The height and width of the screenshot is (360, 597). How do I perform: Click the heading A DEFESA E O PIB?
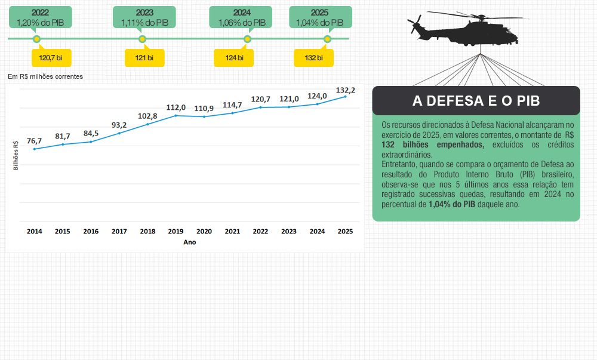point(476,101)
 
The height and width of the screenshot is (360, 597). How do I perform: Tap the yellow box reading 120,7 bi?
point(51,58)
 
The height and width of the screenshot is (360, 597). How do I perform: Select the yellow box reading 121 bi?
point(144,58)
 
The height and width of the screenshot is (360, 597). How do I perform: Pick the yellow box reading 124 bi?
point(234,58)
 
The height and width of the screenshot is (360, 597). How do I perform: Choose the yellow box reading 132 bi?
point(313,58)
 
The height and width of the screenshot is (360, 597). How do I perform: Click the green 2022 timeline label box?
point(41,17)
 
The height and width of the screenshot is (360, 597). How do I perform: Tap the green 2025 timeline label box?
point(320,17)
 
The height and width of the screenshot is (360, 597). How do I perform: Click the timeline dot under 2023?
point(142,39)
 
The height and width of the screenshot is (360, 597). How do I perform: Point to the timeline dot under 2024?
point(247,39)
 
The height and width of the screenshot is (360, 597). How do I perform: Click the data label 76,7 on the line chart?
point(34,141)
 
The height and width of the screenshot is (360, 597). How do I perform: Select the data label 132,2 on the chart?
point(346,90)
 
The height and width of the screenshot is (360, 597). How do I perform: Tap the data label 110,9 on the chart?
point(204,108)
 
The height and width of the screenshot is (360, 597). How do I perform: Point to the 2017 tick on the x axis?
point(119,231)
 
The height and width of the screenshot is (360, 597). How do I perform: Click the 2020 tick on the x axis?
point(204,231)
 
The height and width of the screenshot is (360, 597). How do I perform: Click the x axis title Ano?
point(190,242)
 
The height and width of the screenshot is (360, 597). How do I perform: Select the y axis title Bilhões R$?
point(16,155)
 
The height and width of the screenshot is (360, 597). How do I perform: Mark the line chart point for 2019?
point(176,115)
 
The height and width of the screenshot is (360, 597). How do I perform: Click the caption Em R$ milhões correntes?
point(45,76)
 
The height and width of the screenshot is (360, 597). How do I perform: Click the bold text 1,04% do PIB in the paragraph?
point(452,204)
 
